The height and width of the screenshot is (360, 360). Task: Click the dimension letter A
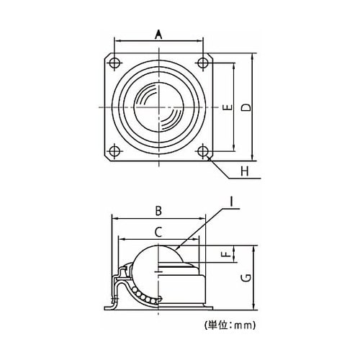(x=158, y=35)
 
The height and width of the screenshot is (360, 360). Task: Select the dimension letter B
(x=158, y=211)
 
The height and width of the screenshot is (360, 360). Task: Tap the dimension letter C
(x=158, y=233)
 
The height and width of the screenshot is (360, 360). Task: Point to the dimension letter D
(x=246, y=107)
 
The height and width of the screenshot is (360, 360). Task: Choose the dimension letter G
(x=246, y=278)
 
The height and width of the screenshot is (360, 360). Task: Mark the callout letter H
(x=245, y=171)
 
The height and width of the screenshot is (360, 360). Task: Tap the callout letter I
(x=232, y=202)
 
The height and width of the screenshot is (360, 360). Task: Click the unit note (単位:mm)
(x=230, y=325)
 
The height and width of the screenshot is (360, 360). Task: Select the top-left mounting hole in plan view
(x=114, y=63)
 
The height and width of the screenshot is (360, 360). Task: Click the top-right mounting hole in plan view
(x=203, y=63)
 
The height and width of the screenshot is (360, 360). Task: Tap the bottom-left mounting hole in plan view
(x=114, y=151)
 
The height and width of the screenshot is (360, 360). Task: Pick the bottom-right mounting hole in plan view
(x=203, y=151)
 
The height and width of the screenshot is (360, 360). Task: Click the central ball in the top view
(x=158, y=107)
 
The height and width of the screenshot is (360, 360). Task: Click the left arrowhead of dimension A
(x=117, y=41)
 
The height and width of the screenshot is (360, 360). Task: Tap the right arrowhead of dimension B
(x=203, y=219)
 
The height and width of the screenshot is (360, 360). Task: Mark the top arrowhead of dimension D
(x=252, y=56)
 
